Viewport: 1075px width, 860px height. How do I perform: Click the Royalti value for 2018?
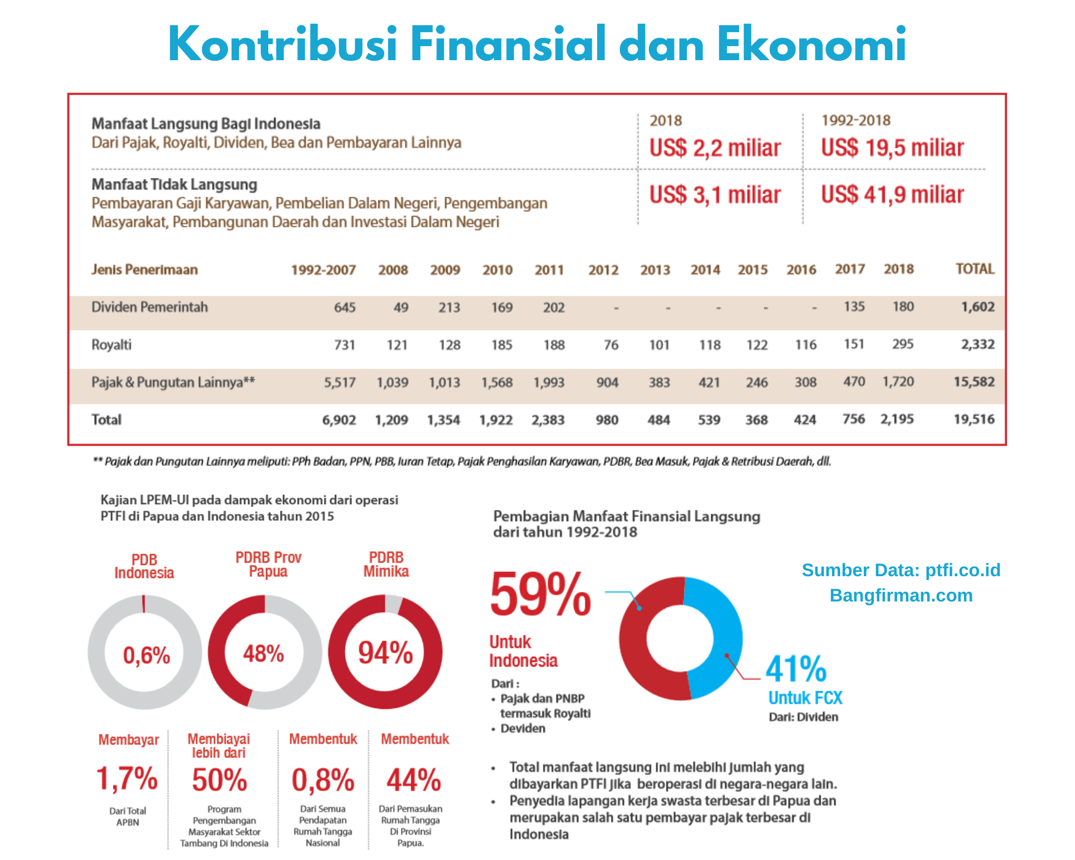(x=902, y=344)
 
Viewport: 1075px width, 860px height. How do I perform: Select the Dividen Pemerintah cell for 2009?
(x=449, y=307)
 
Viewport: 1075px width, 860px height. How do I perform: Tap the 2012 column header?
(x=603, y=270)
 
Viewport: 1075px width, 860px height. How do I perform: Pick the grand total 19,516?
(x=973, y=419)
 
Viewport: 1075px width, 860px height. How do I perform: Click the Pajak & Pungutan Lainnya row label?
(x=173, y=382)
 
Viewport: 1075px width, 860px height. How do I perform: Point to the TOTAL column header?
(x=974, y=269)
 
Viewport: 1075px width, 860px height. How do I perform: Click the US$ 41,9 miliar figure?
(x=892, y=195)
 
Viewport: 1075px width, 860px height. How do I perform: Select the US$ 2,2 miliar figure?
(x=714, y=148)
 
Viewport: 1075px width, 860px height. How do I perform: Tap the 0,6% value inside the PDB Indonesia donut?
(x=146, y=655)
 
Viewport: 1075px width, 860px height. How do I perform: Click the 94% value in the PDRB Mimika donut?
(x=385, y=653)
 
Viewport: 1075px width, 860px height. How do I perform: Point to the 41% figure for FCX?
(x=795, y=669)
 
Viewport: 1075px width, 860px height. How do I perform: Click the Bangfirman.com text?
(x=901, y=596)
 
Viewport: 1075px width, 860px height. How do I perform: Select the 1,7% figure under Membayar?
(x=127, y=779)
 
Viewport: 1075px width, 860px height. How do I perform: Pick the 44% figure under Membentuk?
(x=413, y=780)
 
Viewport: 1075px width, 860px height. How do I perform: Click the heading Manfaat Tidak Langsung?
(x=174, y=184)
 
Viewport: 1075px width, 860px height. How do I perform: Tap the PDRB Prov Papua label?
(x=268, y=564)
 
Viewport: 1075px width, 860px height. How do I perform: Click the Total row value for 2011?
(x=548, y=420)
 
